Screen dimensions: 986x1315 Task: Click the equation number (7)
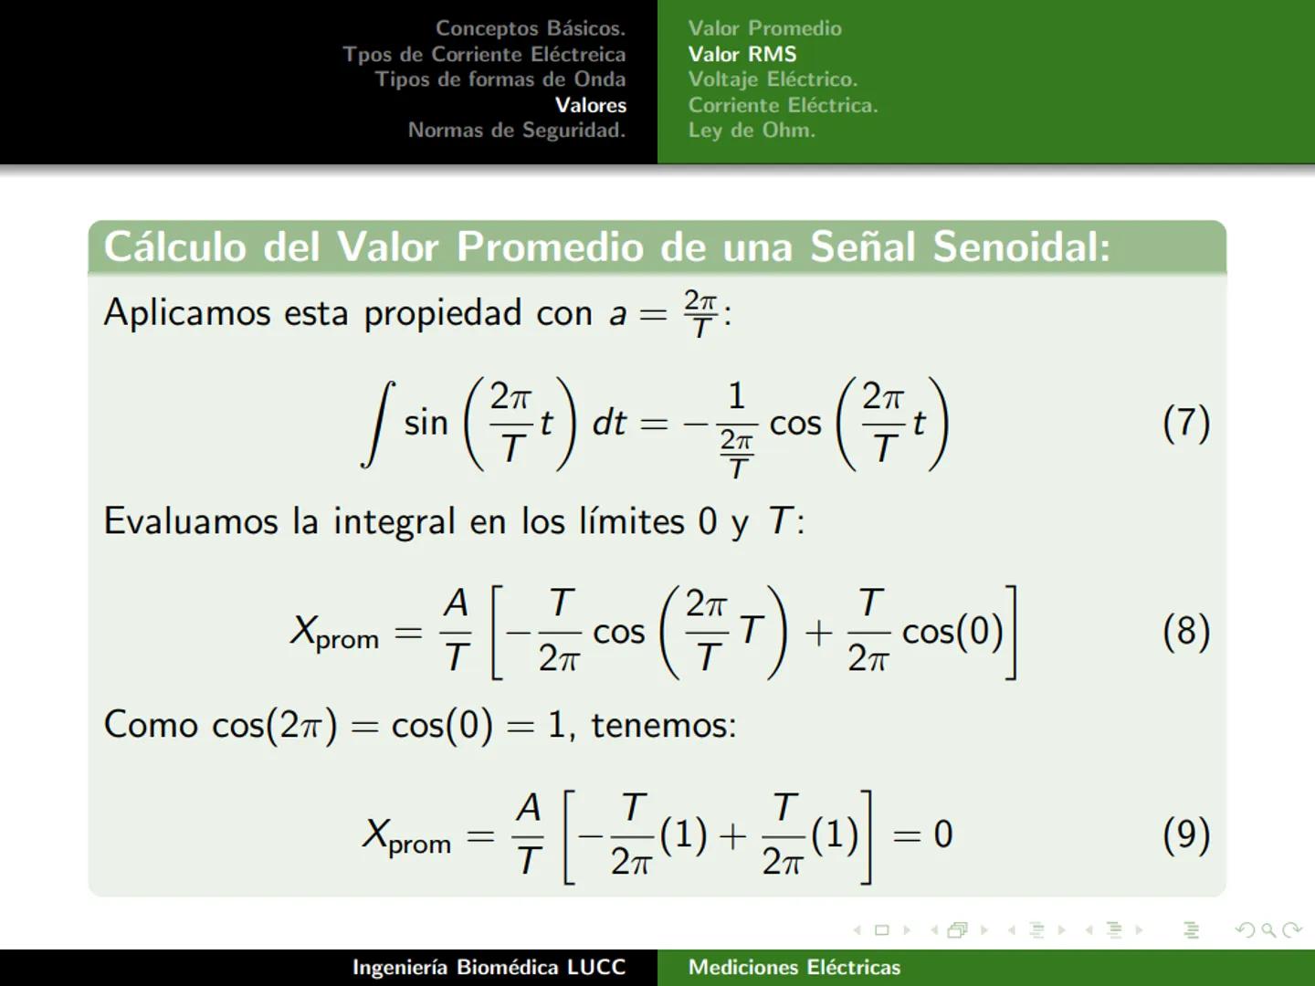click(x=1185, y=424)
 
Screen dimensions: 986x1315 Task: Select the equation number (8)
click(x=1185, y=632)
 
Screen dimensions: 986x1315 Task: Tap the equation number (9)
click(x=1185, y=835)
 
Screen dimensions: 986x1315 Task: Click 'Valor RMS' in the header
click(x=742, y=54)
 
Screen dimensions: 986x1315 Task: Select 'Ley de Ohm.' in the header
click(x=751, y=130)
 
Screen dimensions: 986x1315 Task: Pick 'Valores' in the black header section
click(x=590, y=105)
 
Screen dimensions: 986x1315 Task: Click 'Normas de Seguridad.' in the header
click(x=516, y=130)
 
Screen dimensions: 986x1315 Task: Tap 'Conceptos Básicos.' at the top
click(x=530, y=28)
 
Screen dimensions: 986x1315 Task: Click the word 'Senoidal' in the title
click(x=1021, y=247)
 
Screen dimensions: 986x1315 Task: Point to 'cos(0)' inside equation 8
click(x=952, y=632)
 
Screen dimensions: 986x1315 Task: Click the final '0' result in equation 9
click(x=942, y=835)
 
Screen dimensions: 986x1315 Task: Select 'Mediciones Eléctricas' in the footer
click(x=794, y=967)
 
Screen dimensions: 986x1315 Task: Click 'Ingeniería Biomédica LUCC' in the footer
click(x=489, y=967)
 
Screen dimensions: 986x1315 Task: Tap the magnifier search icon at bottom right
click(x=1268, y=930)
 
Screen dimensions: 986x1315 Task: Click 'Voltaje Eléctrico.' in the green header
click(x=773, y=79)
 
